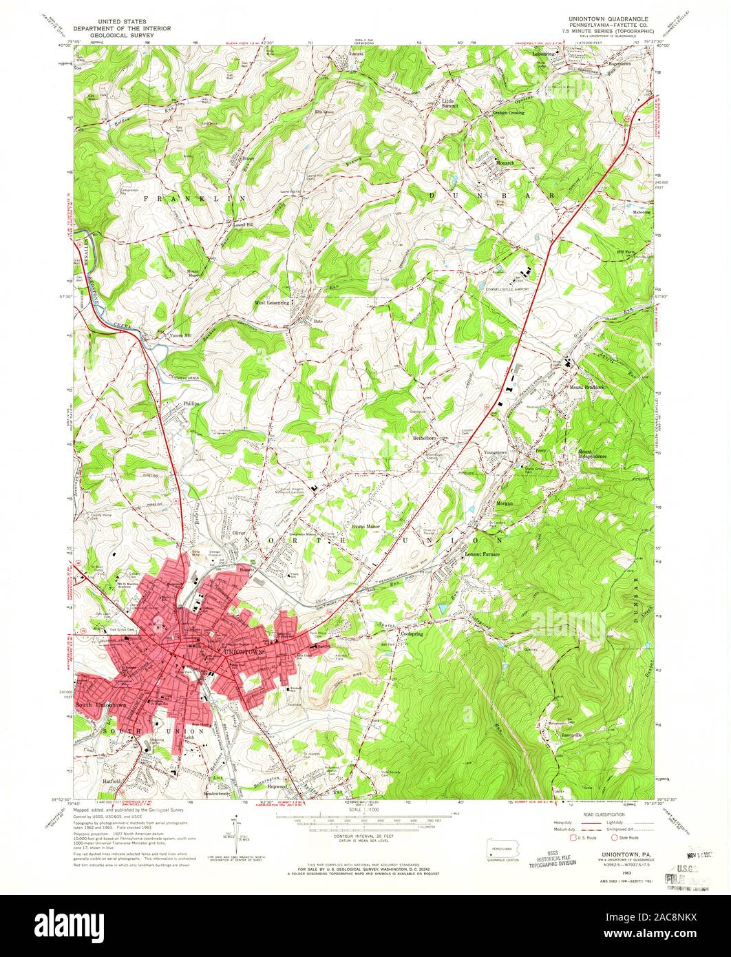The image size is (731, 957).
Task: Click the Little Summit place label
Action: coord(451,103)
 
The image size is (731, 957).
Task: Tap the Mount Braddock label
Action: coord(586,387)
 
